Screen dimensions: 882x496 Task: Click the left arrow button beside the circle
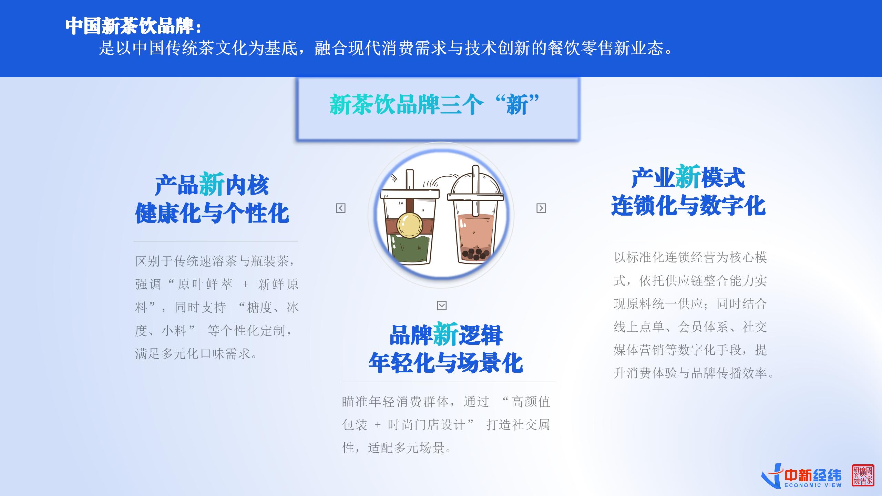[340, 208]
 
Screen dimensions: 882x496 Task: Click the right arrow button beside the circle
[541, 208]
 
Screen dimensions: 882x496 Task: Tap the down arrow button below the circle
[442, 306]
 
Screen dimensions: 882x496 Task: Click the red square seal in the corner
[863, 475]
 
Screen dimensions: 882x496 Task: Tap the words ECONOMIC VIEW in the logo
[813, 485]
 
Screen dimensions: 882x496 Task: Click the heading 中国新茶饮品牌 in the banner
[130, 26]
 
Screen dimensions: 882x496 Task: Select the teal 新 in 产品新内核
[212, 185]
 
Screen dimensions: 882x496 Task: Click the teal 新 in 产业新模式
[688, 177]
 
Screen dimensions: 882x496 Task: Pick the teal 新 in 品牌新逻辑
[446, 334]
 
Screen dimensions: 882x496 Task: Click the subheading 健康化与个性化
[212, 213]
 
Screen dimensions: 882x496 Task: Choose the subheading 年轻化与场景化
[446, 363]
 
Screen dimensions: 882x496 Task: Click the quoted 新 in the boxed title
[517, 105]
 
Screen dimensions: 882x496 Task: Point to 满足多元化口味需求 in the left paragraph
[192, 354]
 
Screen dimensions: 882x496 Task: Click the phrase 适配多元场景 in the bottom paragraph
[406, 448]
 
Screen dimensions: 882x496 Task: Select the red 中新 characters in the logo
[798, 476]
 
